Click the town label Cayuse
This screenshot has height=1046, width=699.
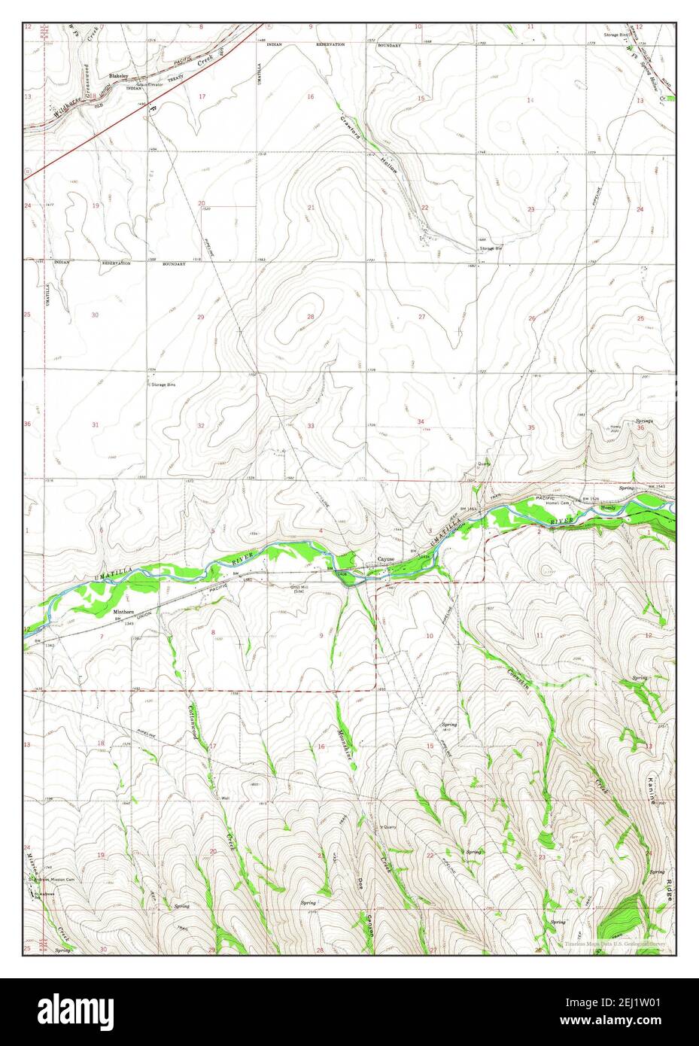[x=386, y=559]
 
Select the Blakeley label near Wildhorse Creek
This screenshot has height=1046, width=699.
[x=118, y=76]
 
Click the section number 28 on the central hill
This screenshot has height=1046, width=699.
[x=310, y=317]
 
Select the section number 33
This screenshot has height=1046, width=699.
[x=311, y=426]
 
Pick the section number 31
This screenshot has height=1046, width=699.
[x=96, y=425]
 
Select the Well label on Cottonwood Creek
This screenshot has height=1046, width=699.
[x=224, y=798]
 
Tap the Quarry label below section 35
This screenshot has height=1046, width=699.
[x=484, y=464]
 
